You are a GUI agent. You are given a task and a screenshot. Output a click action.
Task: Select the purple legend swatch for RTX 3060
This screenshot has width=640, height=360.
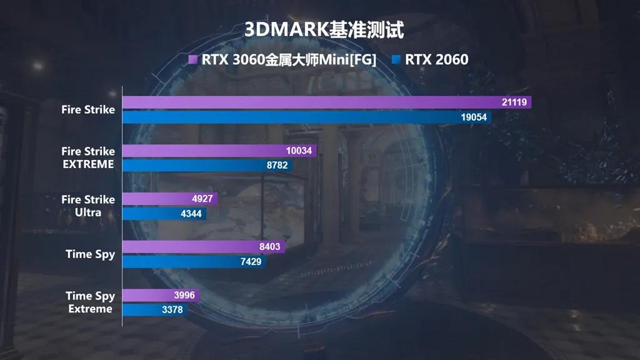click(193, 60)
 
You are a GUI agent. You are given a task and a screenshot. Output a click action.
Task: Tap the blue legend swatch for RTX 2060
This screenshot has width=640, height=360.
click(396, 60)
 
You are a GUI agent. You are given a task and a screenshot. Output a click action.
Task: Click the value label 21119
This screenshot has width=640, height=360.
click(514, 102)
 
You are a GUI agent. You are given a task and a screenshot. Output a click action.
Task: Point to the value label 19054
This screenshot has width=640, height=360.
click(474, 117)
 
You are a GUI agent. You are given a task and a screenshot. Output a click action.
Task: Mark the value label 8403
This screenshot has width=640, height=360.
click(269, 247)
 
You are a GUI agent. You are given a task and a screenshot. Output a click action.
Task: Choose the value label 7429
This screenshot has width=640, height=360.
click(251, 262)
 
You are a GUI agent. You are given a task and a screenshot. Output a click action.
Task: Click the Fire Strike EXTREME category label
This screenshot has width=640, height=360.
click(88, 157)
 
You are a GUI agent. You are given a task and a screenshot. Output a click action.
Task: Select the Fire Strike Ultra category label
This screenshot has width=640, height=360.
click(88, 206)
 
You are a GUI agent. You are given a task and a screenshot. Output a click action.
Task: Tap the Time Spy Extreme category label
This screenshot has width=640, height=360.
click(90, 302)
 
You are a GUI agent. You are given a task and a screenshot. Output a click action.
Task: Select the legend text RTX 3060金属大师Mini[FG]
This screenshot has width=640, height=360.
click(289, 60)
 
